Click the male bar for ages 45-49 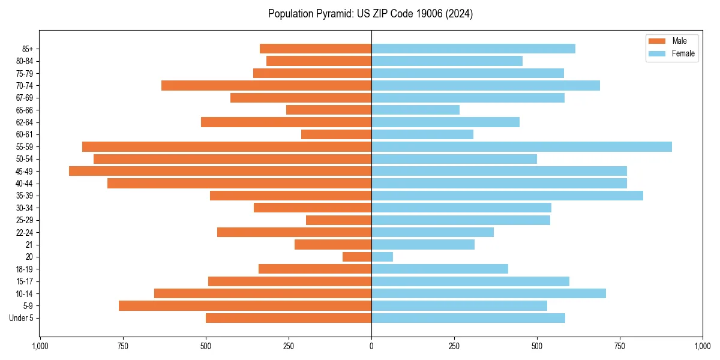220,171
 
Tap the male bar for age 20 357,257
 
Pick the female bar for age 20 382,257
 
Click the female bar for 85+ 473,49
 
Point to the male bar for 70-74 266,85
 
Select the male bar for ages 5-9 245,306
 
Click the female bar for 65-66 415,110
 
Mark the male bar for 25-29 338,220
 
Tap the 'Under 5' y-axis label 21,318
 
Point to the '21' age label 29,245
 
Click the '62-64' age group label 25,122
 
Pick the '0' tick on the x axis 371,346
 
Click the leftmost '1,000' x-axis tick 40,346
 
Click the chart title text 370,14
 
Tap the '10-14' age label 25,293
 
